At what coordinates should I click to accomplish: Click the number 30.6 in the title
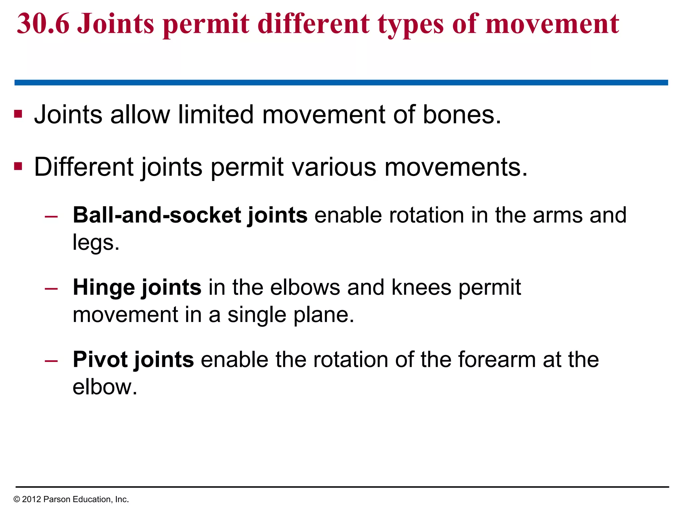(43, 24)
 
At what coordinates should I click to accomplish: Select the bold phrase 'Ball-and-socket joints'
(190, 215)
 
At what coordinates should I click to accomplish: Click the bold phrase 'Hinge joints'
(137, 287)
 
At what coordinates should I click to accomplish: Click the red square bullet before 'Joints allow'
(18, 114)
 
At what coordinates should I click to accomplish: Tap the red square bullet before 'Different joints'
(18, 166)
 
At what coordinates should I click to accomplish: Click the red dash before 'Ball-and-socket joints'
(51, 217)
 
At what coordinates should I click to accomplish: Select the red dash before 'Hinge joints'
(51, 288)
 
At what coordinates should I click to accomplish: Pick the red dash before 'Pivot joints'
(51, 361)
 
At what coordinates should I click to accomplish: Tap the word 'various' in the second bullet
(334, 167)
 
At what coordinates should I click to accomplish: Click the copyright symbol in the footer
(17, 499)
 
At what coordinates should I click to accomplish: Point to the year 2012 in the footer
(31, 499)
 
